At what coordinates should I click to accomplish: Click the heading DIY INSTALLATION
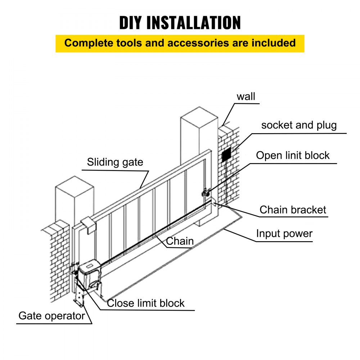click(x=180, y=22)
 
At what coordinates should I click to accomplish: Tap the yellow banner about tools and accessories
click(x=180, y=43)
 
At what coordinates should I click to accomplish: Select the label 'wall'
click(x=246, y=96)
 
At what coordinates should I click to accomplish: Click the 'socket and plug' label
click(x=299, y=125)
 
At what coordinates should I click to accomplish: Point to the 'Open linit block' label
click(x=293, y=156)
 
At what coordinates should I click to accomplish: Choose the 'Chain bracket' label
click(x=293, y=210)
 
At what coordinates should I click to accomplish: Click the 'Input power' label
click(x=284, y=234)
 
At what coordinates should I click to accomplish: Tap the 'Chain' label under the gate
click(x=180, y=241)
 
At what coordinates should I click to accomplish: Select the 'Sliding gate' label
click(x=115, y=162)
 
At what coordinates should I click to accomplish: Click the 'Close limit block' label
click(x=146, y=303)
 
